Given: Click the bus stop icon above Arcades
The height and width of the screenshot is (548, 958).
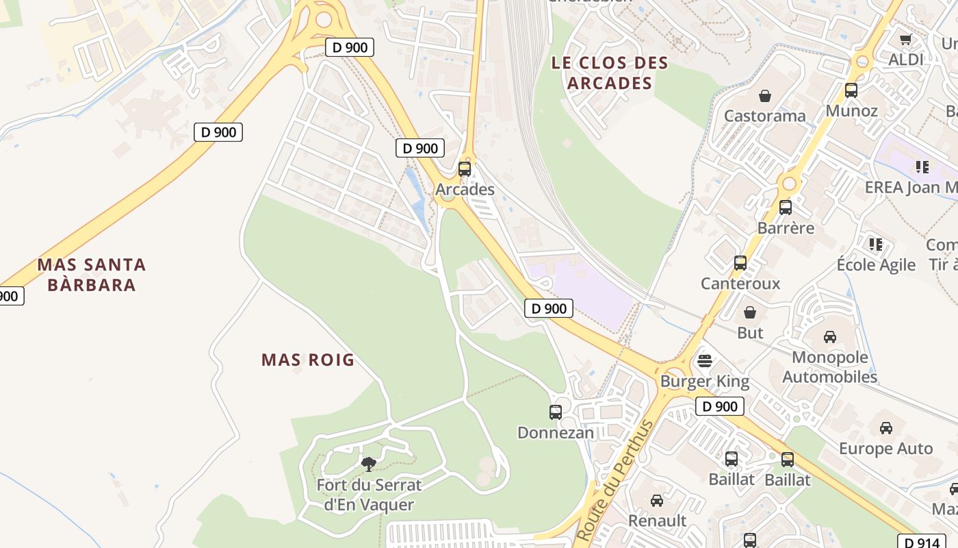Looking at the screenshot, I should [465, 169].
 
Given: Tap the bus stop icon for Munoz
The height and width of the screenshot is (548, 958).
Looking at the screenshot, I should [851, 90].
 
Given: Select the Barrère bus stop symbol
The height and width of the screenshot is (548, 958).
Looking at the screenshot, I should [786, 207].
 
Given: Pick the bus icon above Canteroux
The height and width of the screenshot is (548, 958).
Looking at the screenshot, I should [740, 262].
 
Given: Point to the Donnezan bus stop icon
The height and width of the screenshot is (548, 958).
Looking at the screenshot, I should [556, 412].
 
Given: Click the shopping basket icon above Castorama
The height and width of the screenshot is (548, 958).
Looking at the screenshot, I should [764, 95].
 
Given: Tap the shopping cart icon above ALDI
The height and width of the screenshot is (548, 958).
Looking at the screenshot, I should [906, 39].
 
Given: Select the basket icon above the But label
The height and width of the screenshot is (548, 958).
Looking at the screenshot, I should [750, 312].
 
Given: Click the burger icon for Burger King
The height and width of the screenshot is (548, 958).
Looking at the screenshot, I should [705, 360].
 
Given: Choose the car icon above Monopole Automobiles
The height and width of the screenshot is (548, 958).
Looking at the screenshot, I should [829, 336].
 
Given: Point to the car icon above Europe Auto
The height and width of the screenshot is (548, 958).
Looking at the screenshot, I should [885, 427].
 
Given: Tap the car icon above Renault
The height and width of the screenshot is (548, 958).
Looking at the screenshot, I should [657, 500].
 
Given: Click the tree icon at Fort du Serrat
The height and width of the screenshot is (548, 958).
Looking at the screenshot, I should [369, 464].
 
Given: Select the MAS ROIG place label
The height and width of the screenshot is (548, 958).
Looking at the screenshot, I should [308, 360].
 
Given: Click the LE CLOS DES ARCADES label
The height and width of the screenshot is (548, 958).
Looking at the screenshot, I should [610, 73].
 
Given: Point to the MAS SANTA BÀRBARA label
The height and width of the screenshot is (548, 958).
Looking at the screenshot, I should [92, 275].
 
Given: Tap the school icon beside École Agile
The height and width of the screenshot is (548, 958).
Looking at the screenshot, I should [875, 243].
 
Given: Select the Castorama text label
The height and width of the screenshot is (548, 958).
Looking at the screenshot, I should [764, 115].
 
